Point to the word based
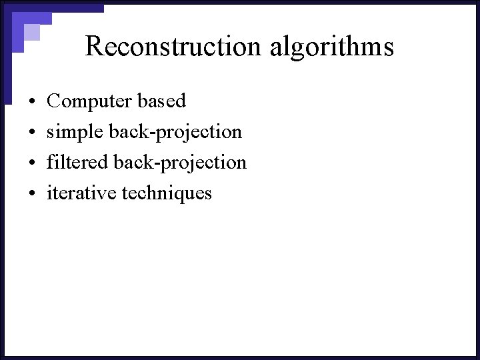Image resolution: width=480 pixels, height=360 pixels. pos(161,101)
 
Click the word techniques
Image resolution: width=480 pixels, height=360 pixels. pos(167,193)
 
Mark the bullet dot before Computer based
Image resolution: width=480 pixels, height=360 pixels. pos(32,102)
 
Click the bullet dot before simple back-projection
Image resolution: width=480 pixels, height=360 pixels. pos(32,133)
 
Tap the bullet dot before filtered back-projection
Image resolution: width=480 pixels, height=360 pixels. pos(32,163)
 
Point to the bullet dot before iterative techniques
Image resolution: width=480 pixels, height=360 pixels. pos(32,194)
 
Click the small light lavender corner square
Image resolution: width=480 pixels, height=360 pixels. pos(32,32)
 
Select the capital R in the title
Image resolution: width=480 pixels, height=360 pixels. pos(93,47)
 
